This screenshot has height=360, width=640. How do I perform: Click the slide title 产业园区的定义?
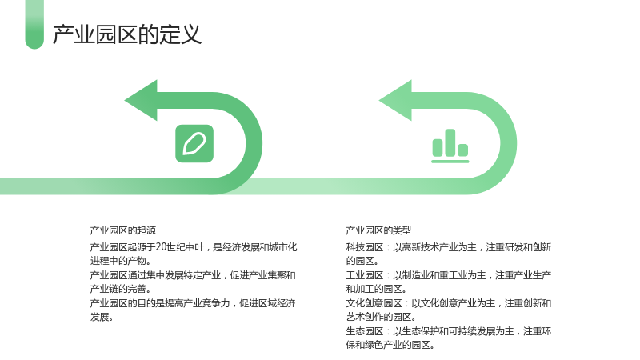coord(127,34)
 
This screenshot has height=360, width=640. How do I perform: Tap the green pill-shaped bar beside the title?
coord(34,25)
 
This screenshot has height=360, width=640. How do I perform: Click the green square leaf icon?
coord(194,144)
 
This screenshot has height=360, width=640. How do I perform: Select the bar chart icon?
coord(450,146)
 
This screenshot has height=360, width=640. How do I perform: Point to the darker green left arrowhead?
coord(142,101)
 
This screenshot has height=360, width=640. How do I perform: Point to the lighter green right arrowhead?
coord(396,101)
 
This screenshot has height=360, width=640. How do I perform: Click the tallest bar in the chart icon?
coord(450,143)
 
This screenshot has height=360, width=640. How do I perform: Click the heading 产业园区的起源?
coord(123,230)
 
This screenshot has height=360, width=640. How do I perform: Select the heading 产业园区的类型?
coord(378,230)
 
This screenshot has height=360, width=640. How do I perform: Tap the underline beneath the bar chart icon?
coord(450,162)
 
